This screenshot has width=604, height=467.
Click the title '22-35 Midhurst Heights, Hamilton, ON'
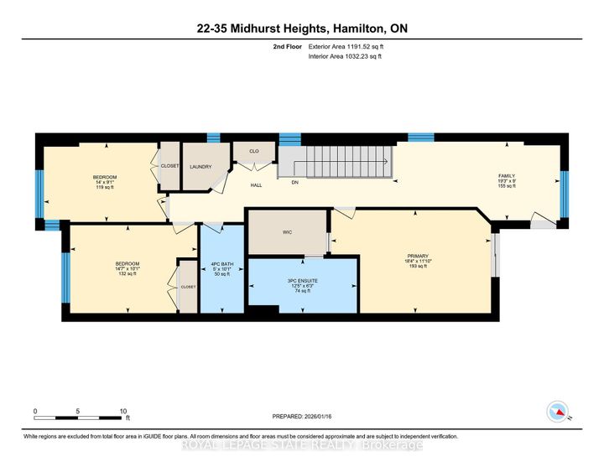pyautogui.click(x=302, y=27)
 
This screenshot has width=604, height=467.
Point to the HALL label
pyautogui.click(x=256, y=185)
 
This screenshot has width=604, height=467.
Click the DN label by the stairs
pyautogui.click(x=294, y=182)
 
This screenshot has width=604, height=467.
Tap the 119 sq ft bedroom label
pyautogui.click(x=105, y=182)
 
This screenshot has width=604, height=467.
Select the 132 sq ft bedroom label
pyautogui.click(x=127, y=269)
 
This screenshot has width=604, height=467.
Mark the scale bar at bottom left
pyautogui.click(x=79, y=416)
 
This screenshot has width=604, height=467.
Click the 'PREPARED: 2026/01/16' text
pyautogui.click(x=302, y=417)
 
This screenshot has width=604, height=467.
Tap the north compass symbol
pyautogui.click(x=555, y=411)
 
